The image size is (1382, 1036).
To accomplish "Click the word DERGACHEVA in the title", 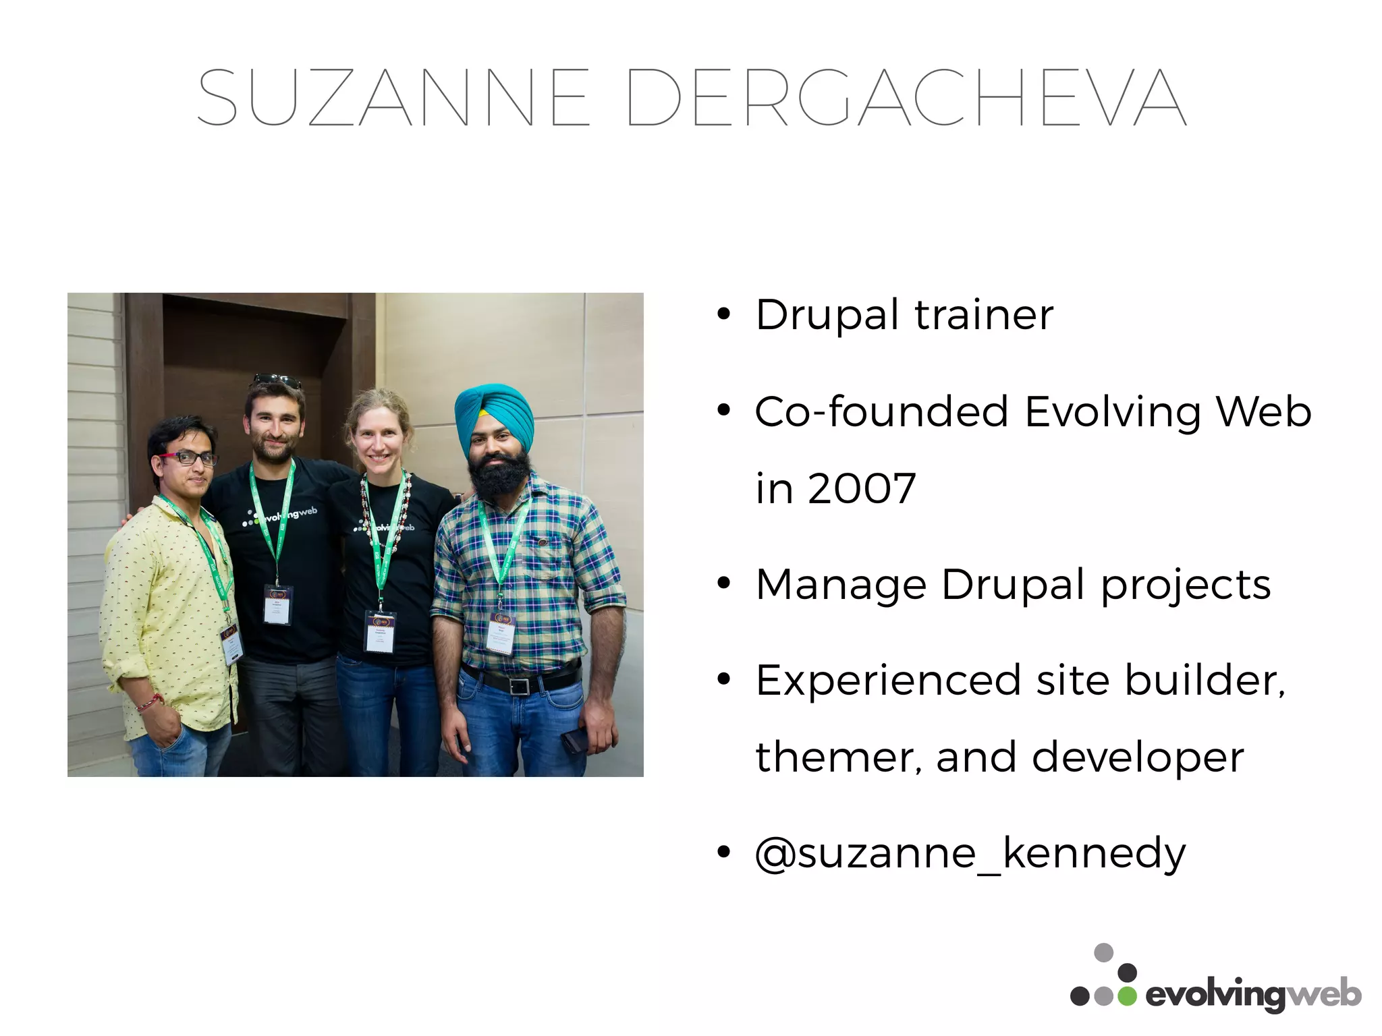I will coord(906,98).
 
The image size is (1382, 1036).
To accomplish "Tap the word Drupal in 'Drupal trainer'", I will coord(827,314).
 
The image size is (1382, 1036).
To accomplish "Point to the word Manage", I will coord(841,584).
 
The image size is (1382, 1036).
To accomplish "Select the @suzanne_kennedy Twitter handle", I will coord(970,854).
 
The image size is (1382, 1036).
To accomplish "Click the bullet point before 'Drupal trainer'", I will coord(724,314).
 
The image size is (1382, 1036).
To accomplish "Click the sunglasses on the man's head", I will coord(278,380).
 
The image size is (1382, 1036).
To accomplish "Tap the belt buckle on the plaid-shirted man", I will coord(519,687).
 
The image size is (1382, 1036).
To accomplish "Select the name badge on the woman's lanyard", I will coord(381,631).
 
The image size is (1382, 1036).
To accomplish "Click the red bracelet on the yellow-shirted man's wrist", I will coord(150,703).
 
